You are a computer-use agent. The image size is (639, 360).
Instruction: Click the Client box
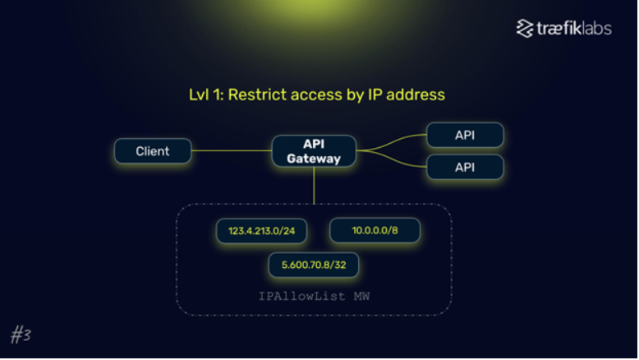click(153, 151)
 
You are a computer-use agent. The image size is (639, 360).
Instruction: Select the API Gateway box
click(314, 151)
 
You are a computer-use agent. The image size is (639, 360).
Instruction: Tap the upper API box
click(465, 135)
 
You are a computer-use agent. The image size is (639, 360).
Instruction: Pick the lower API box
click(465, 167)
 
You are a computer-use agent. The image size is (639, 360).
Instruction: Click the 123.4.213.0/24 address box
click(262, 231)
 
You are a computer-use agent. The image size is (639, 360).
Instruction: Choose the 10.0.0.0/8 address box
click(375, 230)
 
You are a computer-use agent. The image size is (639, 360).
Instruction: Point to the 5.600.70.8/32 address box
click(314, 265)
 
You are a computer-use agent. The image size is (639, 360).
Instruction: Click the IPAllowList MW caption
click(315, 296)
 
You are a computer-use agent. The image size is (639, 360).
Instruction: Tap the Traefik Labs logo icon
click(525, 29)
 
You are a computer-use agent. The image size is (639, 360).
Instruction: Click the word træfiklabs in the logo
click(574, 29)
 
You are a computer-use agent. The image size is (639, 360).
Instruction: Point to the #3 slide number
click(21, 335)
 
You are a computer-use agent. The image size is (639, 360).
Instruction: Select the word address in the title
click(416, 95)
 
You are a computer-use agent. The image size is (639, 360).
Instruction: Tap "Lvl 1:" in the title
click(206, 95)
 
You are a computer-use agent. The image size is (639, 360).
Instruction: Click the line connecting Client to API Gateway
click(232, 151)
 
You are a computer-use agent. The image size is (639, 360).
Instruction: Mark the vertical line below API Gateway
click(314, 186)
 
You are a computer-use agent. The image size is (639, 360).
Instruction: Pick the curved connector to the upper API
click(391, 142)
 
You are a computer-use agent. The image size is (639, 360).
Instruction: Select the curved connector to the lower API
click(391, 159)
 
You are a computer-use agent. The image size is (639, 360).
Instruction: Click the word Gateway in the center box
click(314, 159)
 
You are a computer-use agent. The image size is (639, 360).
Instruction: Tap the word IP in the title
click(375, 95)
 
